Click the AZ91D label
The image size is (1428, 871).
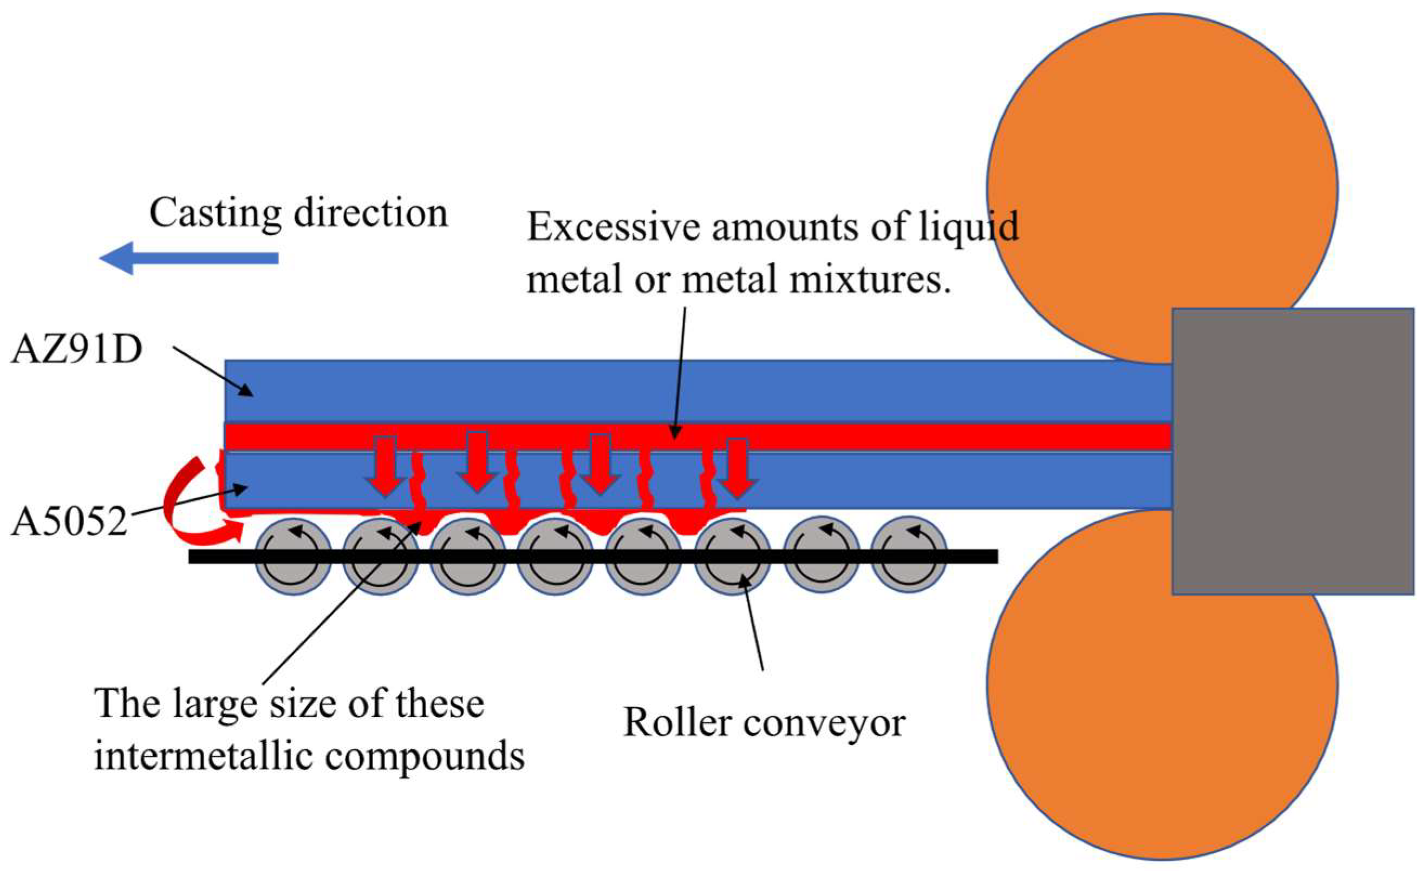pyautogui.click(x=76, y=350)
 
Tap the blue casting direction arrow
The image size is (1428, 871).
pyautogui.click(x=188, y=258)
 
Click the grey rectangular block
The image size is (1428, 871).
pyautogui.click(x=1293, y=452)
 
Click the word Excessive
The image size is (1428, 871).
pyautogui.click(x=614, y=227)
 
